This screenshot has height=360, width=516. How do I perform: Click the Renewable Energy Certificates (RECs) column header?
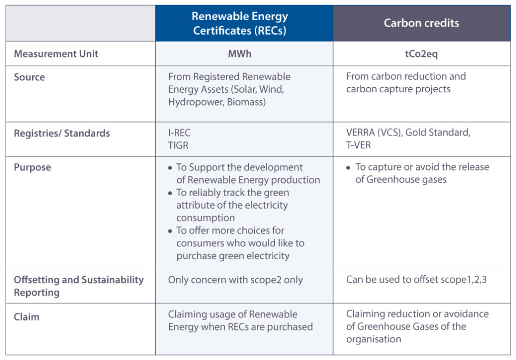tap(239, 23)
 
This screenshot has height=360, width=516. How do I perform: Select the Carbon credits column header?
tap(421, 23)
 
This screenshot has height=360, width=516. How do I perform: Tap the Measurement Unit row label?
tap(56, 54)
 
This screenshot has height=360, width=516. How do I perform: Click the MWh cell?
tap(239, 54)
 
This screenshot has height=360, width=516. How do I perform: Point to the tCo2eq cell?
tap(421, 54)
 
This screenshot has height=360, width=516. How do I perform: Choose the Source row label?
tap(29, 77)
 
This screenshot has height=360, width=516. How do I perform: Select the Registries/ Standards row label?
tap(61, 134)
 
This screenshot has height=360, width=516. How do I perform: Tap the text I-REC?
tap(179, 134)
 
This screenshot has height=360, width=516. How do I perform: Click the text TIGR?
tap(178, 146)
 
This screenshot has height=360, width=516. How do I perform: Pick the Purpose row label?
tap(32, 167)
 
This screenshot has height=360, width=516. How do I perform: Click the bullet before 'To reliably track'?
tap(171, 193)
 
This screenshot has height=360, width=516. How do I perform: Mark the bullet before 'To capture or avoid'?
tap(348, 167)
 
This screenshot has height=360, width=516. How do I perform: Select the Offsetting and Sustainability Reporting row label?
tap(79, 286)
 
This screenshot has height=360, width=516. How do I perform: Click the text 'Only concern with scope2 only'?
tap(235, 280)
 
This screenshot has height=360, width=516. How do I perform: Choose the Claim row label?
tap(26, 317)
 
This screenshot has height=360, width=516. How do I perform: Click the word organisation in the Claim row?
tap(373, 339)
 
